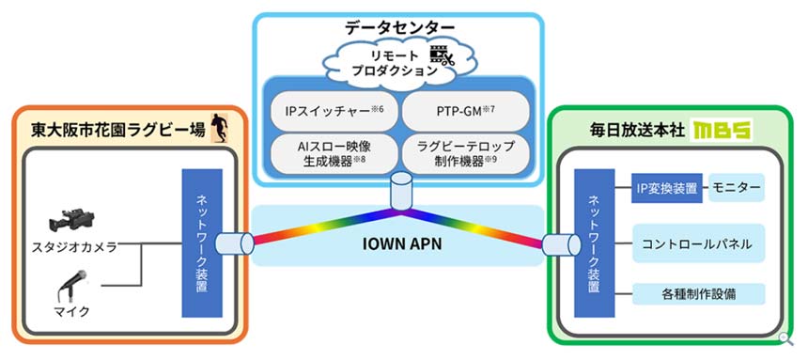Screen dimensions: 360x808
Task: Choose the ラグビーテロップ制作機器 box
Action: [x=467, y=152]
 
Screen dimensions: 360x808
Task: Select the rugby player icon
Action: [x=219, y=127]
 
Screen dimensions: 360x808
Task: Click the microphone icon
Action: [x=73, y=281]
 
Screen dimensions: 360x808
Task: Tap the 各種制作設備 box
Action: [x=697, y=293]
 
